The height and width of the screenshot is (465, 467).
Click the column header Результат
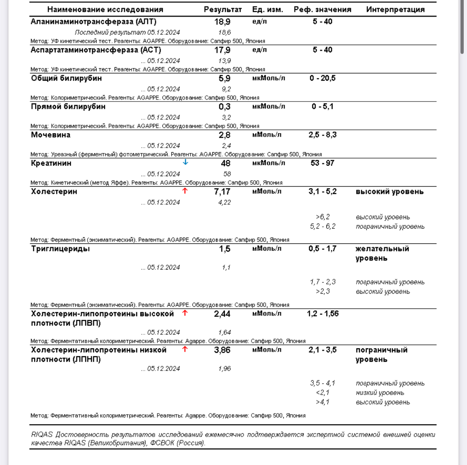(223, 10)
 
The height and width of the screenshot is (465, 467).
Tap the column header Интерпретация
(395, 10)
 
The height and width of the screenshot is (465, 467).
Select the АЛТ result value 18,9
(222, 22)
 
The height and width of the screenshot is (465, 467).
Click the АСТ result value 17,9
(222, 50)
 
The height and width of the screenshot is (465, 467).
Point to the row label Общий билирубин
(66, 78)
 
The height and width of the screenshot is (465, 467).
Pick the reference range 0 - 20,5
(322, 78)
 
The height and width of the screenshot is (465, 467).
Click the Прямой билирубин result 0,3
(224, 107)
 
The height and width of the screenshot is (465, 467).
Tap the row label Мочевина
(51, 135)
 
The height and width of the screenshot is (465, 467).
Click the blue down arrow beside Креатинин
(185, 162)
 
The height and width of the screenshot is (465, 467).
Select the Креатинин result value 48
(226, 164)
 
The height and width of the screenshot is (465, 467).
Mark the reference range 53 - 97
(322, 163)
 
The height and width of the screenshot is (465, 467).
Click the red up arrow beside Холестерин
(185, 191)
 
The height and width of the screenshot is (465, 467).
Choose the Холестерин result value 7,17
(222, 192)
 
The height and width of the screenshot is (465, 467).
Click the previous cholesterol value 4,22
(224, 202)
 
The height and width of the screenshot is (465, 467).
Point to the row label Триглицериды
(60, 249)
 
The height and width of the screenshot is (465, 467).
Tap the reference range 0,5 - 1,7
(322, 249)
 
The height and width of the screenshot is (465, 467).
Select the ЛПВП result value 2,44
(222, 314)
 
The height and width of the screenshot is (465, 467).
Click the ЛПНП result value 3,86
(222, 350)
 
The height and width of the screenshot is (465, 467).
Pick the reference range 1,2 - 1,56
(323, 314)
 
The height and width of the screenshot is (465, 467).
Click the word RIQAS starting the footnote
(42, 435)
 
